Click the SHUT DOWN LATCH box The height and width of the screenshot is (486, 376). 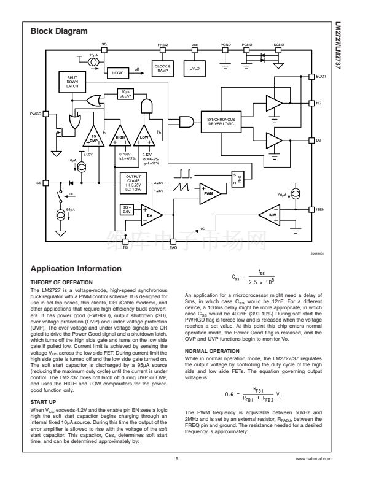[x=72, y=82]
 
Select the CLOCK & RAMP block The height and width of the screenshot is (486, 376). [x=163, y=67]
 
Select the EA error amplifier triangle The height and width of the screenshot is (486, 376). [x=150, y=214]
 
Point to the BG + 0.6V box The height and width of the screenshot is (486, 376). [x=127, y=210]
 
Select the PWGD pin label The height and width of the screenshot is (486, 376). [x=35, y=114]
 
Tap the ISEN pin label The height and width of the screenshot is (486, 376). [x=320, y=210]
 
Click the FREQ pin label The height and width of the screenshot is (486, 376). [x=163, y=45]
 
